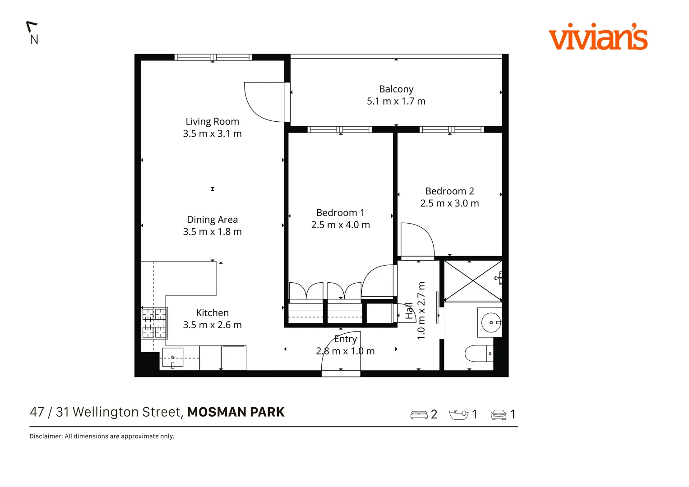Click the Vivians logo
(x=598, y=37)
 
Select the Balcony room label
(x=396, y=89)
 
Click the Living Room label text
(x=212, y=122)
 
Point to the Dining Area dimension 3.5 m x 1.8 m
(x=212, y=232)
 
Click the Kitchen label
(x=212, y=313)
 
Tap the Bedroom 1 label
(x=340, y=213)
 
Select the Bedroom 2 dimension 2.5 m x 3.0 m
(x=449, y=203)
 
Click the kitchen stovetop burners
(x=154, y=323)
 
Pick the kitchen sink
(x=172, y=358)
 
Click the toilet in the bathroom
(x=479, y=354)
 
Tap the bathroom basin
(x=490, y=322)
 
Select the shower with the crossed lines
(x=472, y=280)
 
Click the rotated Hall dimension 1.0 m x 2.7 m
(x=421, y=311)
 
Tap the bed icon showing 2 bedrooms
(x=419, y=414)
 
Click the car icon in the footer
(x=499, y=414)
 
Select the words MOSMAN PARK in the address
(x=236, y=412)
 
